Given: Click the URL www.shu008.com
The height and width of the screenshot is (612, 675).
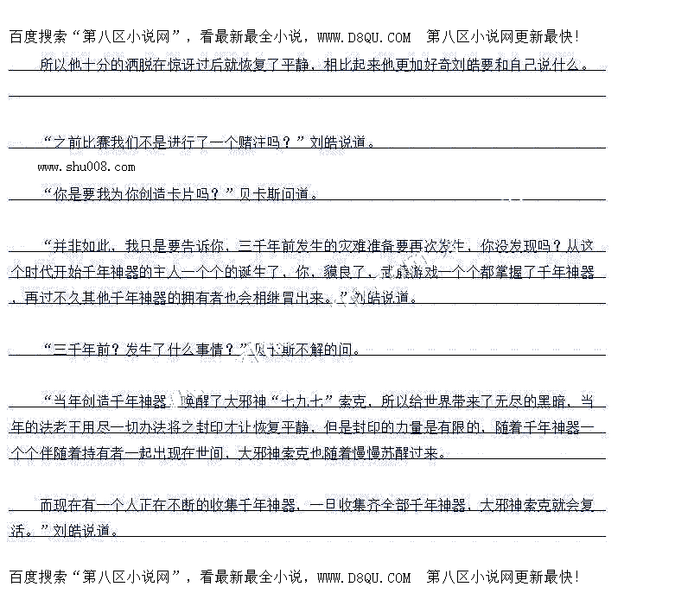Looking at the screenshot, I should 86,167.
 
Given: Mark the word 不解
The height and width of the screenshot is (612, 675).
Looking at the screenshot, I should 315,350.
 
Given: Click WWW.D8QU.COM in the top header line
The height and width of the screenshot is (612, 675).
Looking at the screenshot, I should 364,37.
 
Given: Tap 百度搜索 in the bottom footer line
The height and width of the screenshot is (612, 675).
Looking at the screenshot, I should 39,576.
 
